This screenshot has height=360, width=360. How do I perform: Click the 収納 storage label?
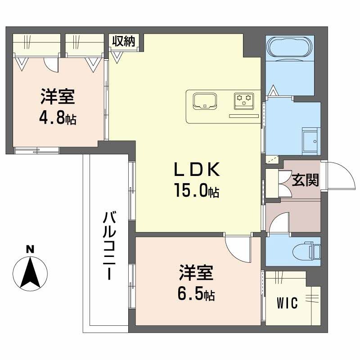[x=123, y=41]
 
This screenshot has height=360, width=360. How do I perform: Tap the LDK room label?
[x=197, y=170]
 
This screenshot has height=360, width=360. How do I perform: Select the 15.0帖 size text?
[x=197, y=191]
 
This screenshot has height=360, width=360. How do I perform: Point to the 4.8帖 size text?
[x=58, y=118]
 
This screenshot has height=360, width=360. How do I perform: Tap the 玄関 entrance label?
[x=306, y=180]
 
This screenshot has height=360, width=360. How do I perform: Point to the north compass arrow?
[x=30, y=273]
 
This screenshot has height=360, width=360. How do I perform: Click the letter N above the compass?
[x=30, y=249]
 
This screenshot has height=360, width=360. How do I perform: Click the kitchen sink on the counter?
[x=204, y=100]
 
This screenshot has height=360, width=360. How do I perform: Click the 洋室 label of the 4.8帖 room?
[x=58, y=97]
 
